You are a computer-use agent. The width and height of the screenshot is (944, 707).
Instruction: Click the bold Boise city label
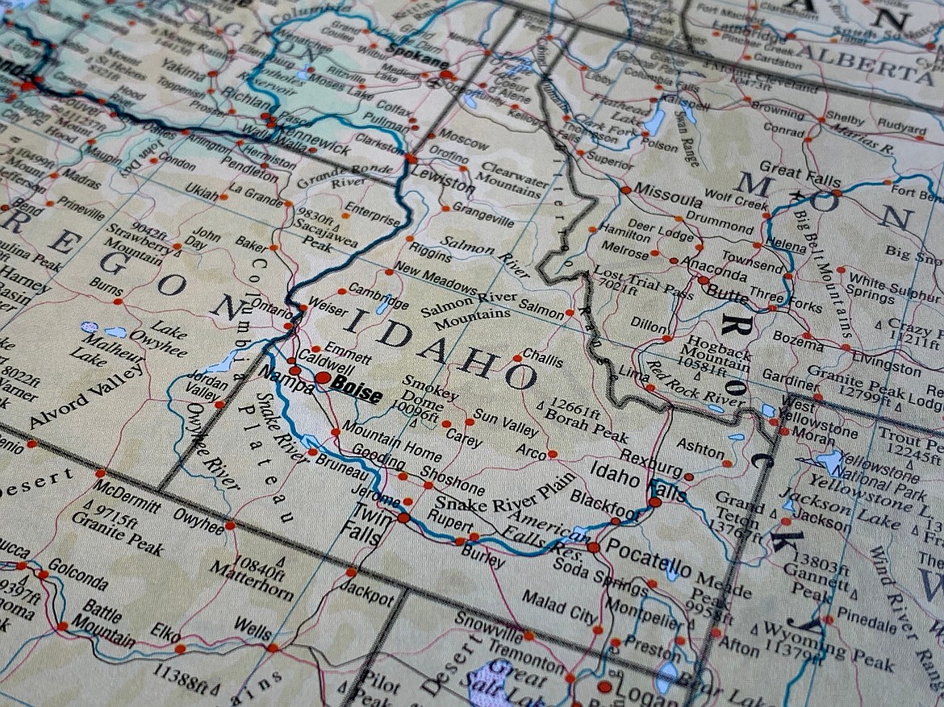click(x=355, y=391)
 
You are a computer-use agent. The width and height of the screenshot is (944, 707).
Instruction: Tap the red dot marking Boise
click(x=322, y=377)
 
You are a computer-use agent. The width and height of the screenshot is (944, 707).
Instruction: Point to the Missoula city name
click(x=668, y=194)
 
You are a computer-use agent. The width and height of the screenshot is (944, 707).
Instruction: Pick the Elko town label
click(x=165, y=634)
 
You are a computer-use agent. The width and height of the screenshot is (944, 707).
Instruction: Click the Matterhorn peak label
click(x=252, y=580)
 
